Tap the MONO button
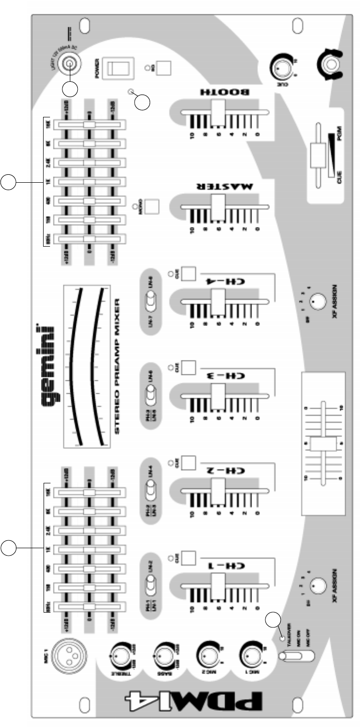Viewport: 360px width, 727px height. pos(152,206)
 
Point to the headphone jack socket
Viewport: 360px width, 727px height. pos(329,64)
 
